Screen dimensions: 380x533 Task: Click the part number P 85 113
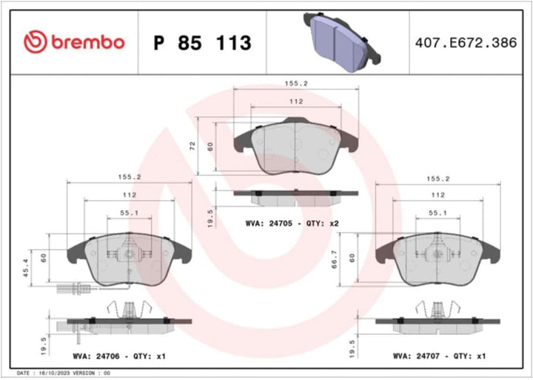(x=202, y=43)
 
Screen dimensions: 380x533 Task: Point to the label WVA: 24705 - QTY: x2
(x=292, y=223)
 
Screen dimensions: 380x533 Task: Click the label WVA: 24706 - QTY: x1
(x=118, y=356)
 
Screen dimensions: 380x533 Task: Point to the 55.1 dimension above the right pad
(x=438, y=213)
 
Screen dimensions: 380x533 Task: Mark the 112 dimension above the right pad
(x=438, y=195)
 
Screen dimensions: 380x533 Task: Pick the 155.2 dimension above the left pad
(x=130, y=178)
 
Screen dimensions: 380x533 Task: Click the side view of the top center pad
(x=295, y=196)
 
